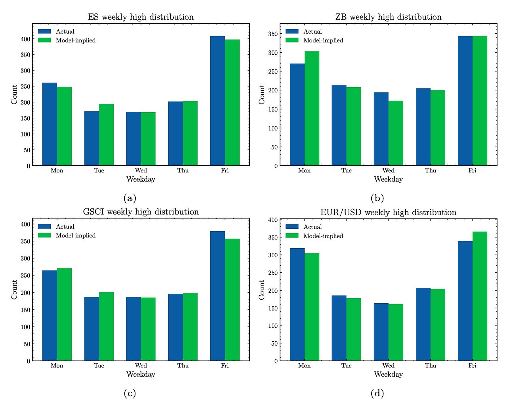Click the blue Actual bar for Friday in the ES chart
217,101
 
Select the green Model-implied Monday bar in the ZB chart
312,108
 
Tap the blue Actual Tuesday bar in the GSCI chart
91,329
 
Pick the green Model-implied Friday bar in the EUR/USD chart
480,296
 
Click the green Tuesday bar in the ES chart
106,135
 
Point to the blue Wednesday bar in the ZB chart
381,129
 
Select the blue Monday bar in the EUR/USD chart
297,304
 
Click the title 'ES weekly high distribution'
141,17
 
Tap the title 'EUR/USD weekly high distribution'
388,212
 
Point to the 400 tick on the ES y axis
25,39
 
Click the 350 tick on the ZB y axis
273,34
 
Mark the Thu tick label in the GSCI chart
183,366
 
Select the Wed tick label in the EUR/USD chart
388,366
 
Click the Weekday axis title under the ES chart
141,179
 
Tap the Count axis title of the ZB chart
262,94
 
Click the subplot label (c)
130,393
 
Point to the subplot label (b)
377,198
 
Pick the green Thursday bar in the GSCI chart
190,327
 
